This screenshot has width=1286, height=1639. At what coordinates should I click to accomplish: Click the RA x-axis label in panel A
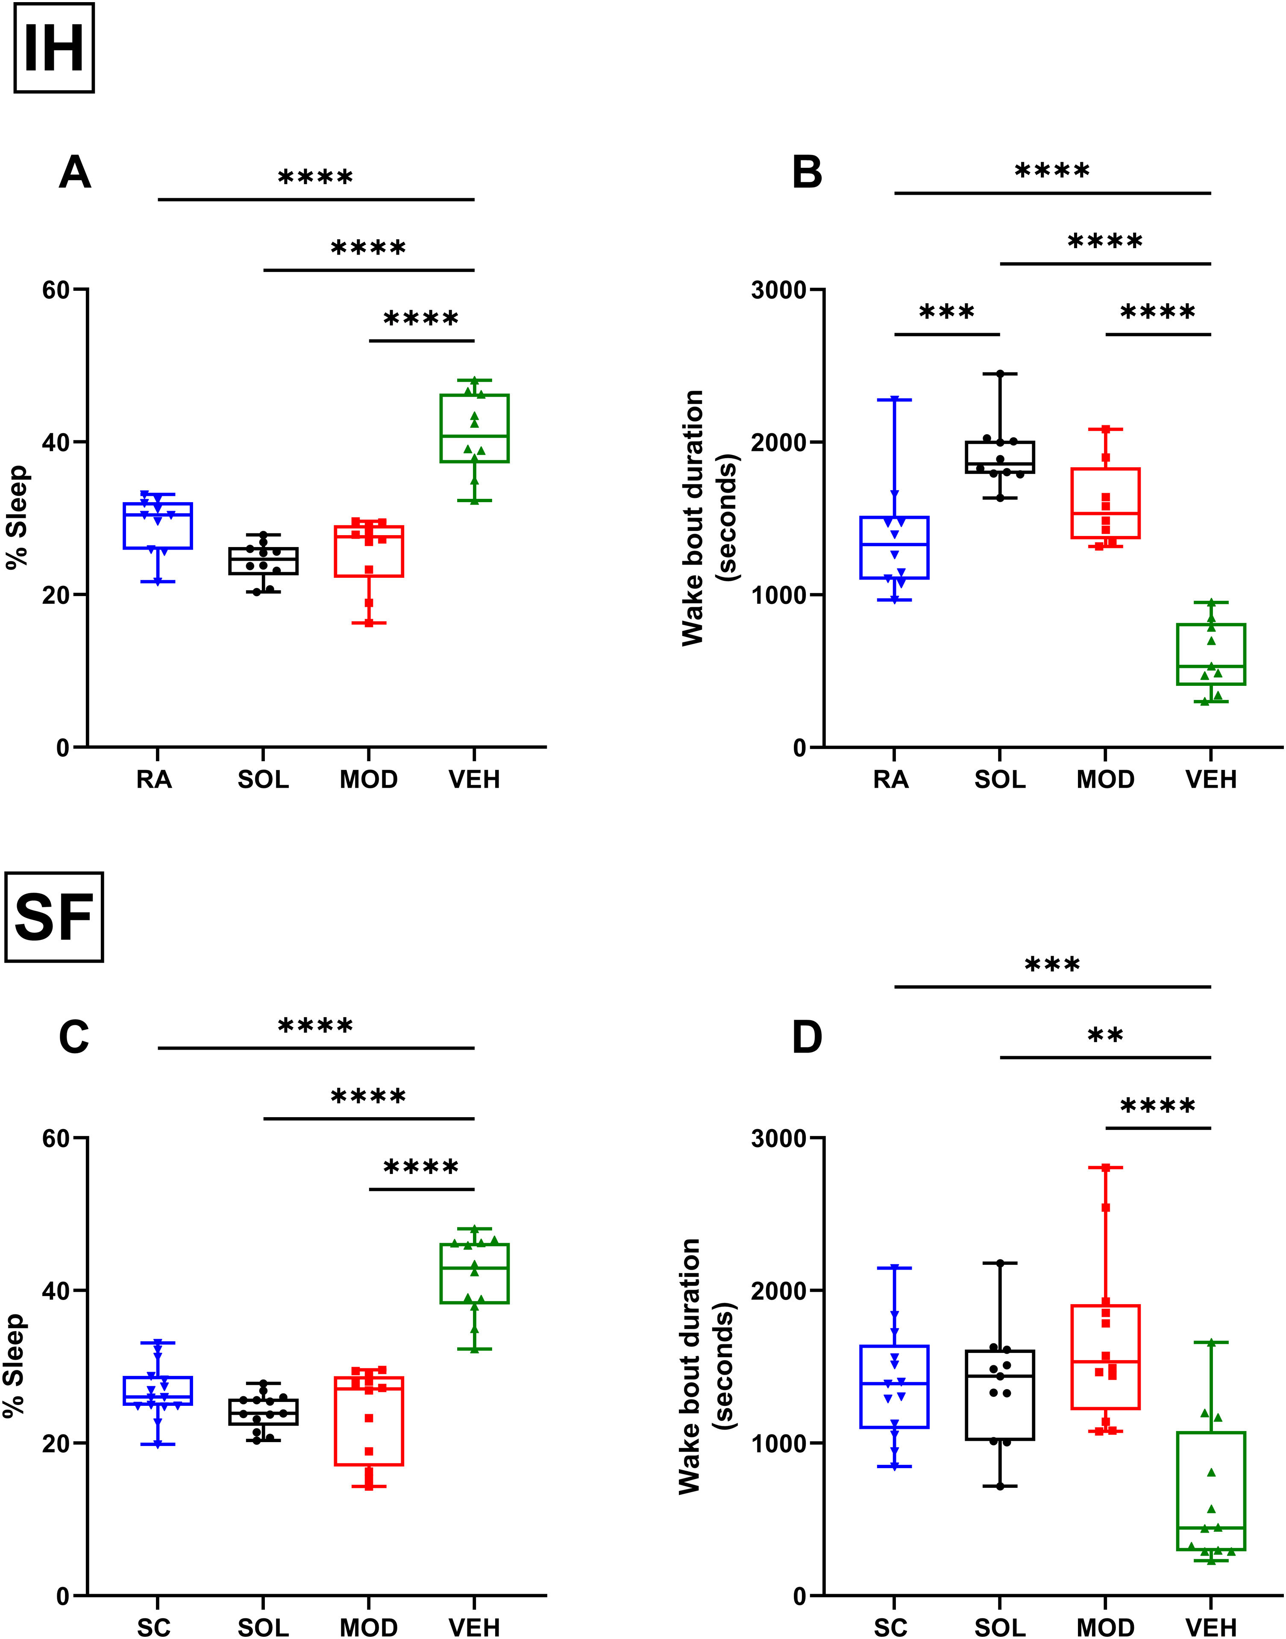154,780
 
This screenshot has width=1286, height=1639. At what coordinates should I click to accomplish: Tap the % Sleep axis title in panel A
18,517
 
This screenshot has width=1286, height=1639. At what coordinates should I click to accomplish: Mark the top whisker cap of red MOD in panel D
1106,1167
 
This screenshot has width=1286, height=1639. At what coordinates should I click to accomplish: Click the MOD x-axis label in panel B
1105,780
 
